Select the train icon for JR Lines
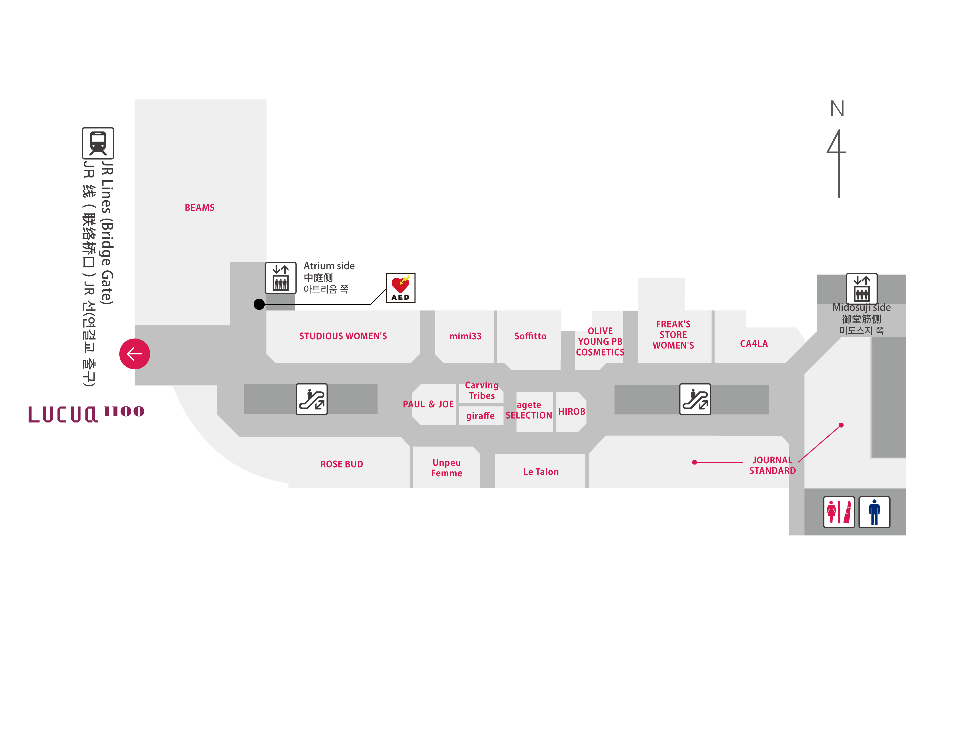(98, 143)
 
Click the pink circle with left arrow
(134, 354)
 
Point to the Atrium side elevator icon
(280, 278)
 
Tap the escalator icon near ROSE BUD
(312, 399)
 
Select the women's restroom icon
(839, 512)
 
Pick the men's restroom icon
(874, 512)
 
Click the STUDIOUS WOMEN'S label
(343, 336)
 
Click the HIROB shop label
(572, 412)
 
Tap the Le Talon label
(541, 472)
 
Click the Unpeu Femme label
(446, 468)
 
